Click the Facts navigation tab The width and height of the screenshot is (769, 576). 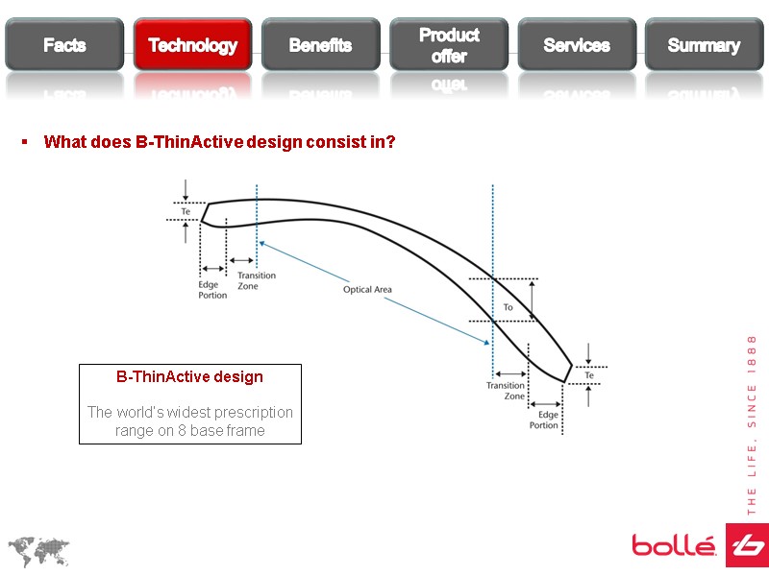click(x=64, y=45)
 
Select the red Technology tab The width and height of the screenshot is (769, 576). click(x=192, y=45)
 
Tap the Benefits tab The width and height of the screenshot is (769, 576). click(x=320, y=45)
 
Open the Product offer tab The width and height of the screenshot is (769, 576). click(x=449, y=45)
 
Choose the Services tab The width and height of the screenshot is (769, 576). click(x=577, y=45)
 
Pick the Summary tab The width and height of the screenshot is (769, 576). click(x=704, y=45)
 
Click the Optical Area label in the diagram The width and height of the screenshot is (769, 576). click(x=367, y=289)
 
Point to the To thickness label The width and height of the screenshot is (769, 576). click(x=509, y=307)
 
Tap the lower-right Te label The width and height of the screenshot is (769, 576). click(x=589, y=375)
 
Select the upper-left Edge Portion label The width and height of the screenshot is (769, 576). click(x=212, y=290)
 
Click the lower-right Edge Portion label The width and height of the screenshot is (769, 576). click(x=544, y=420)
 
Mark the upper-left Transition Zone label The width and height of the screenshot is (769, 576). click(x=256, y=281)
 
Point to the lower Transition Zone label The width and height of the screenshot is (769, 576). click(x=506, y=391)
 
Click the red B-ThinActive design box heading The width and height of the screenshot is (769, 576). click(x=189, y=377)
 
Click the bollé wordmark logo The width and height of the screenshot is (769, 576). click(x=674, y=546)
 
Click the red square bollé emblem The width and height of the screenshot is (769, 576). click(x=747, y=545)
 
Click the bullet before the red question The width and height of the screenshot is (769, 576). click(x=25, y=142)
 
